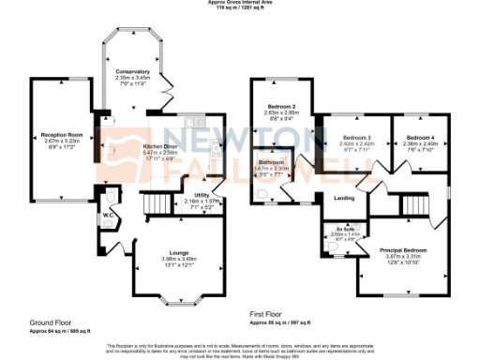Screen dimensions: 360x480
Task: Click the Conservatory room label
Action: click(132, 71)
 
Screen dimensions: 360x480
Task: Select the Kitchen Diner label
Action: click(160, 147)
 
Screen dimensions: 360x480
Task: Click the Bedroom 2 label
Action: click(281, 107)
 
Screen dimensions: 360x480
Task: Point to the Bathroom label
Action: click(273, 161)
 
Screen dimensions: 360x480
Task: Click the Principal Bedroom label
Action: click(403, 250)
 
